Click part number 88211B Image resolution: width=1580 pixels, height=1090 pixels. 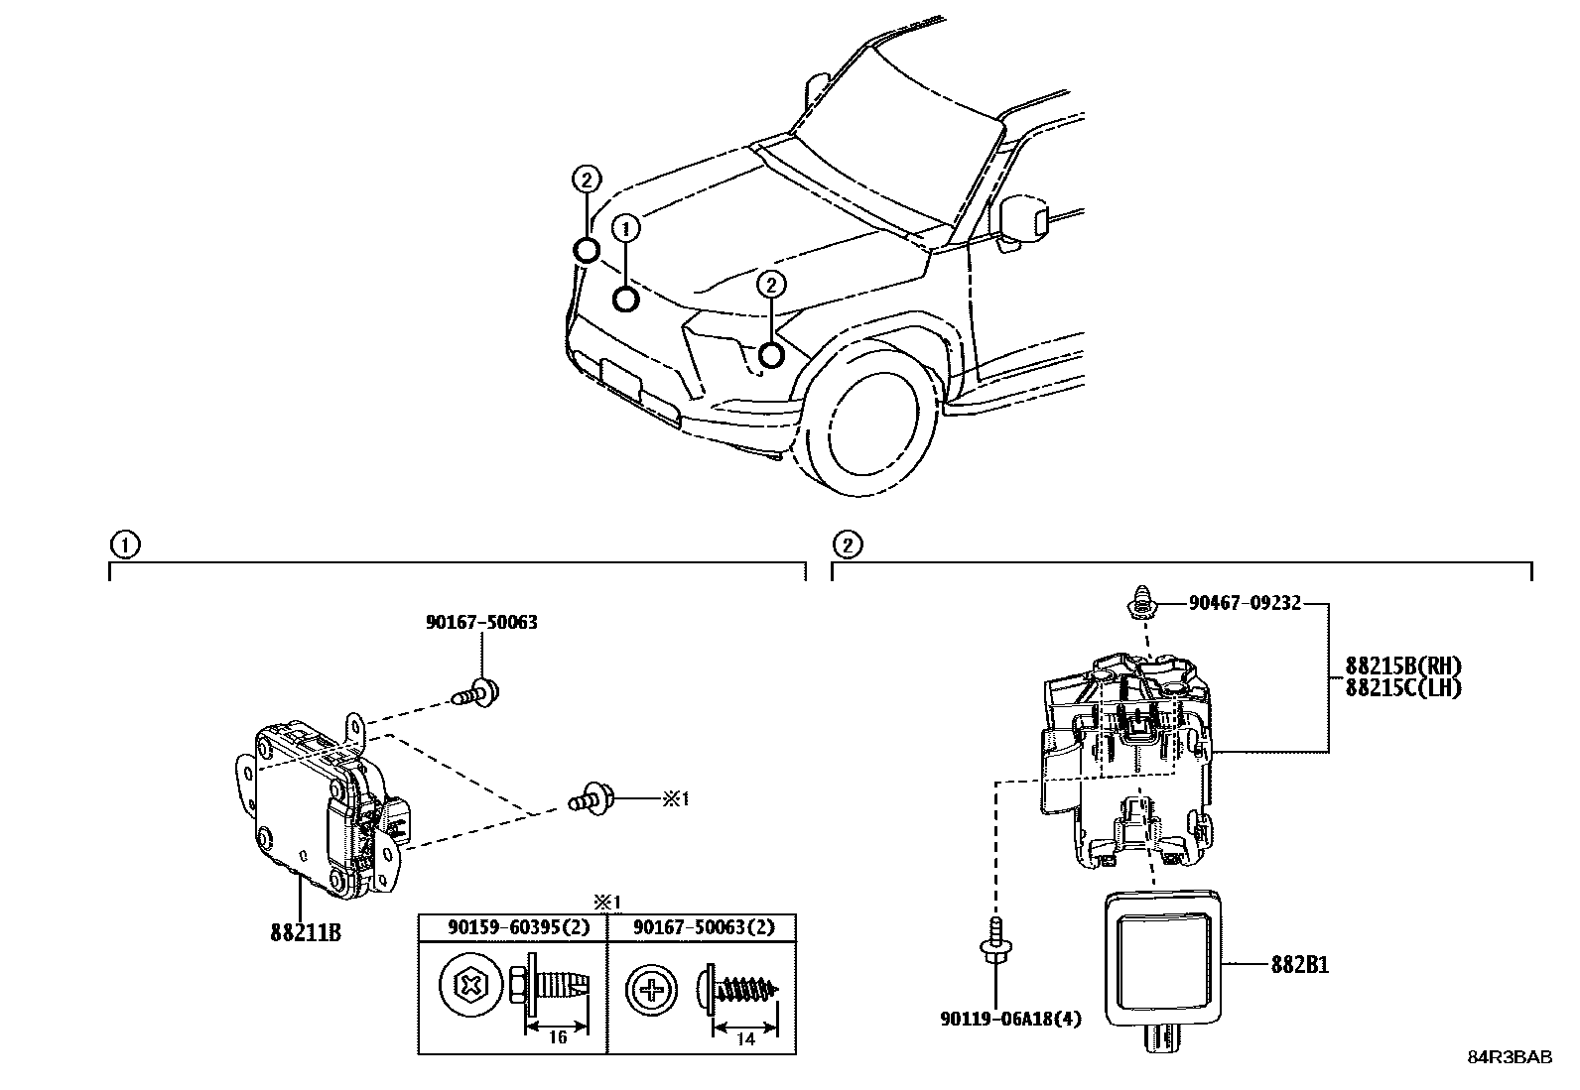305,932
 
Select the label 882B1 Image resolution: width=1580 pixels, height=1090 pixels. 1299,965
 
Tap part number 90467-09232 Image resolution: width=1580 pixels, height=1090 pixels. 1245,602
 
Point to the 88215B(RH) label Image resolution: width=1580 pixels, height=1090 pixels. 1403,666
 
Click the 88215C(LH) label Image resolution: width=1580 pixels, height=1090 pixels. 1403,686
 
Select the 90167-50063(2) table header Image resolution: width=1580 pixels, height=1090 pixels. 702,926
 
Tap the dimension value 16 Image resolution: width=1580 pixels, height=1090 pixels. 557,1038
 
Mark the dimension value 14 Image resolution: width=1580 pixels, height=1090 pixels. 745,1038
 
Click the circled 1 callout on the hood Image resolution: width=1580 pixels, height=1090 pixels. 625,229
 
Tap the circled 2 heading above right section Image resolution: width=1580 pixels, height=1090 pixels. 847,545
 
